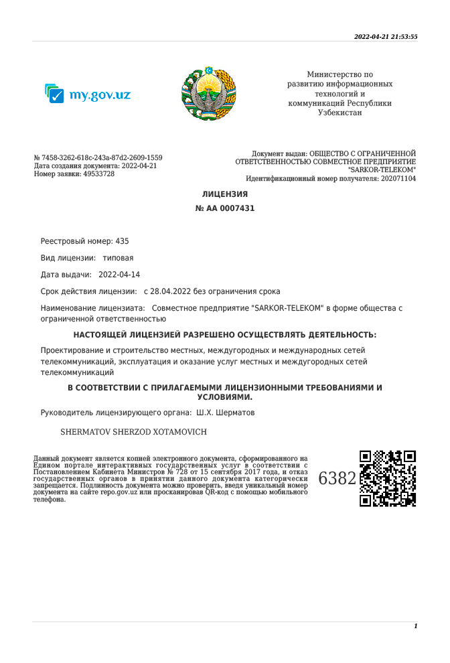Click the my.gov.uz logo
[x=88, y=94]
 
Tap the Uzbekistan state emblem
[x=209, y=93]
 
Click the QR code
[x=388, y=478]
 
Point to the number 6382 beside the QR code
[x=337, y=479]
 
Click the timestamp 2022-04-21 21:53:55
[x=386, y=37]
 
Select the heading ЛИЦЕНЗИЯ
[x=225, y=194]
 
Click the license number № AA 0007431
[x=225, y=208]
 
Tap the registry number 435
[x=122, y=241]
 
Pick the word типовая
[x=118, y=258]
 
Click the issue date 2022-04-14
[x=119, y=275]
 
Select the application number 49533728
[x=98, y=173]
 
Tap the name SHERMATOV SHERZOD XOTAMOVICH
[x=134, y=432]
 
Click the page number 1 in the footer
[x=415, y=626]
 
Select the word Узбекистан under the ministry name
[x=340, y=113]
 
